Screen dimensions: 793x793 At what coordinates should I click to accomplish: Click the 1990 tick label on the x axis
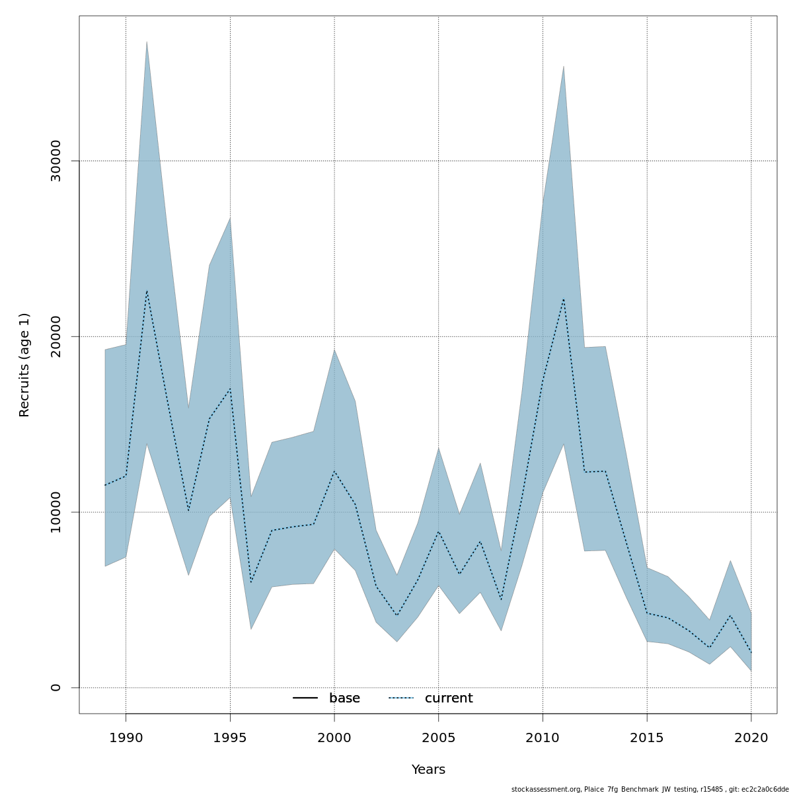point(126,738)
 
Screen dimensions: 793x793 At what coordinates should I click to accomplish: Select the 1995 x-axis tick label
point(230,738)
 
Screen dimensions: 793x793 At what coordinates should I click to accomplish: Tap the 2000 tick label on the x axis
point(334,738)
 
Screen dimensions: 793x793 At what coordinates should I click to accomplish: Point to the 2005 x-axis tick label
point(439,738)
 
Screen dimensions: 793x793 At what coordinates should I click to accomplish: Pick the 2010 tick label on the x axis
point(543,738)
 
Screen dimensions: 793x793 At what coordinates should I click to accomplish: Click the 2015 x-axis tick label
point(647,738)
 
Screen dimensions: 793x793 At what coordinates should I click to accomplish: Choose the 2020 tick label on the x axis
point(751,738)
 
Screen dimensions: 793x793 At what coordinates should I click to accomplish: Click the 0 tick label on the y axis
point(56,687)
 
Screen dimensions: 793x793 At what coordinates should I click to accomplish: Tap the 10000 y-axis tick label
point(56,512)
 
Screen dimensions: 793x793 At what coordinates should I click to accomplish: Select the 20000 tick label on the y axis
point(56,336)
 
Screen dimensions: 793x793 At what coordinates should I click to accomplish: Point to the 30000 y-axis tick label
point(56,161)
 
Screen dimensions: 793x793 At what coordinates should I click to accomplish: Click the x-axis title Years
point(428,770)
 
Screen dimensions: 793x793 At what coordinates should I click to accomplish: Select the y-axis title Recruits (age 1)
point(25,365)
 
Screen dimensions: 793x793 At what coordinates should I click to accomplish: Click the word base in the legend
point(344,699)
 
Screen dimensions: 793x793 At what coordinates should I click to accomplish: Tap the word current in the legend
point(449,699)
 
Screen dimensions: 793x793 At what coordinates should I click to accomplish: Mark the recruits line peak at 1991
point(147,291)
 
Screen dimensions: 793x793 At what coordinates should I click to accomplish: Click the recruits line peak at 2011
point(564,299)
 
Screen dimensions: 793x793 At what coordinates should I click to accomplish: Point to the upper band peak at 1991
point(147,42)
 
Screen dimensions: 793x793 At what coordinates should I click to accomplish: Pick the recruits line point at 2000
point(334,471)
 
